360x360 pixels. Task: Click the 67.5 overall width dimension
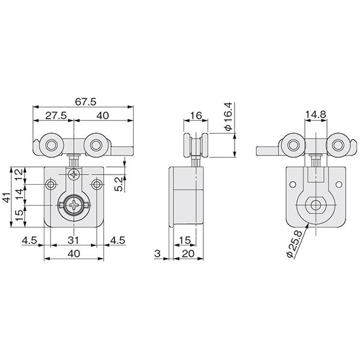(x=85, y=102)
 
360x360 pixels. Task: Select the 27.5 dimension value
(x=56, y=115)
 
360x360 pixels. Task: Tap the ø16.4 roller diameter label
(x=229, y=116)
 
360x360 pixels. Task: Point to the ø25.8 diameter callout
(x=294, y=244)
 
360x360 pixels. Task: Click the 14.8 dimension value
(x=316, y=115)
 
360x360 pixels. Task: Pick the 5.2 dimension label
(x=119, y=184)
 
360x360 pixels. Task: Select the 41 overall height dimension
(x=7, y=197)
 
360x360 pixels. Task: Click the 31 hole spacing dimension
(x=73, y=240)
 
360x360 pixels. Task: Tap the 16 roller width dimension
(x=196, y=115)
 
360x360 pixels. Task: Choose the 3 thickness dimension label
(x=157, y=253)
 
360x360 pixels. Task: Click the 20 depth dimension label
(x=188, y=254)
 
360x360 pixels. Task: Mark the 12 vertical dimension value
(x=19, y=175)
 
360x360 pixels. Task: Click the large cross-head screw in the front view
(x=74, y=205)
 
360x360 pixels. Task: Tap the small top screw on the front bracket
(x=74, y=175)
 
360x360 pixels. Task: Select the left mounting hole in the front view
(x=51, y=184)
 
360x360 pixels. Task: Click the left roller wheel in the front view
(x=52, y=145)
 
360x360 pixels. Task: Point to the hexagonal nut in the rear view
(x=316, y=205)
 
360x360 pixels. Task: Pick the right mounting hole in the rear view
(x=338, y=184)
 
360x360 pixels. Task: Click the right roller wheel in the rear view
(x=338, y=145)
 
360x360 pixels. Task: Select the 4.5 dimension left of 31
(x=29, y=240)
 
